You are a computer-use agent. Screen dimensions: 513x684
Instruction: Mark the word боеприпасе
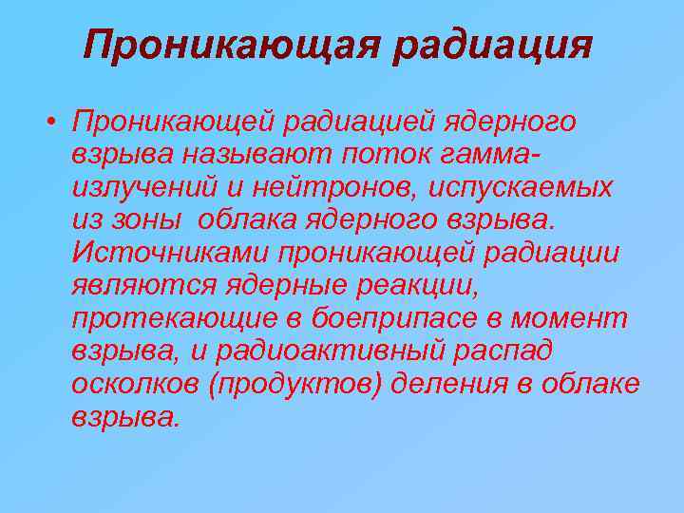pyautogui.click(x=398, y=318)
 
